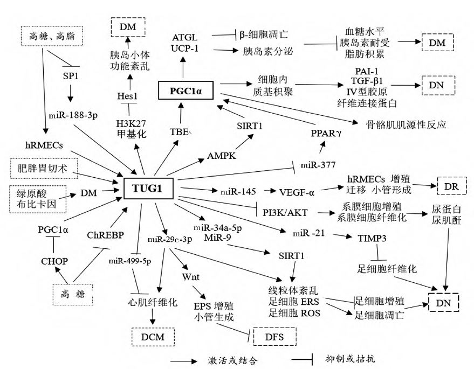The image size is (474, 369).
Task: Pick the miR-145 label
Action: (237, 191)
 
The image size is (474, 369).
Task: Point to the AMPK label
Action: (222, 155)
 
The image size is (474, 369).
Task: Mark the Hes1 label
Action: (127, 95)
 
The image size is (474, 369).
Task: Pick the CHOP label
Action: (54, 261)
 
